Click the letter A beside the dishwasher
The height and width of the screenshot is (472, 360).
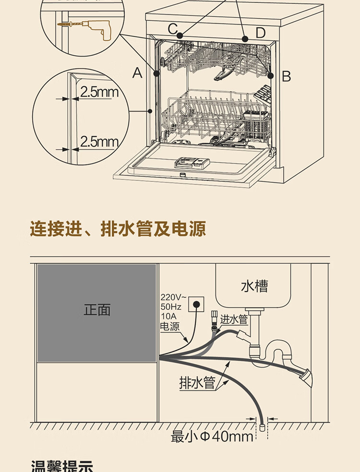coord(138,73)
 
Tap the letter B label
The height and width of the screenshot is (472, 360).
coord(286,76)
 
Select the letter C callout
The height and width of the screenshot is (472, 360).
coord(173,29)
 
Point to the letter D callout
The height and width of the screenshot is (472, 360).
coord(260,33)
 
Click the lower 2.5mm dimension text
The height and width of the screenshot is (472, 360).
coord(99,142)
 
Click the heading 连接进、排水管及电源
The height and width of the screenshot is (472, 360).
coord(118,229)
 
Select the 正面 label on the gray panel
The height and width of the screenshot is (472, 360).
coord(97,310)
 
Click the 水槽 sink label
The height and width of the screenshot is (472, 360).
coord(254,286)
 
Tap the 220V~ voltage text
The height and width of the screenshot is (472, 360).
coord(171,296)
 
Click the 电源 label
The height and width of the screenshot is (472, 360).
coord(169,327)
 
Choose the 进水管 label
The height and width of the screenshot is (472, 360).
coord(234,319)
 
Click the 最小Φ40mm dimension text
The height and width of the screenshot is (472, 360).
coord(212,437)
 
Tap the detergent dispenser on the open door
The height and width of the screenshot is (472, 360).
coord(192,162)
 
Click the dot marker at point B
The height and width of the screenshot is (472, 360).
coord(271,75)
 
